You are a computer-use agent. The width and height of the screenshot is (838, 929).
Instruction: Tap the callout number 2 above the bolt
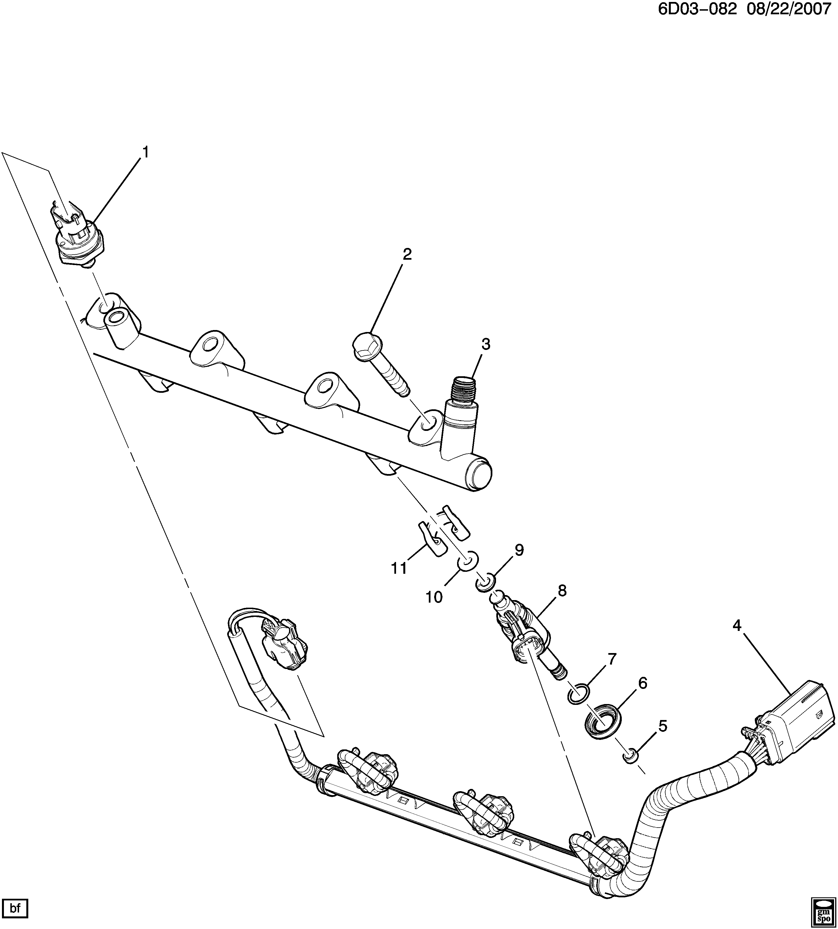[x=407, y=254]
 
